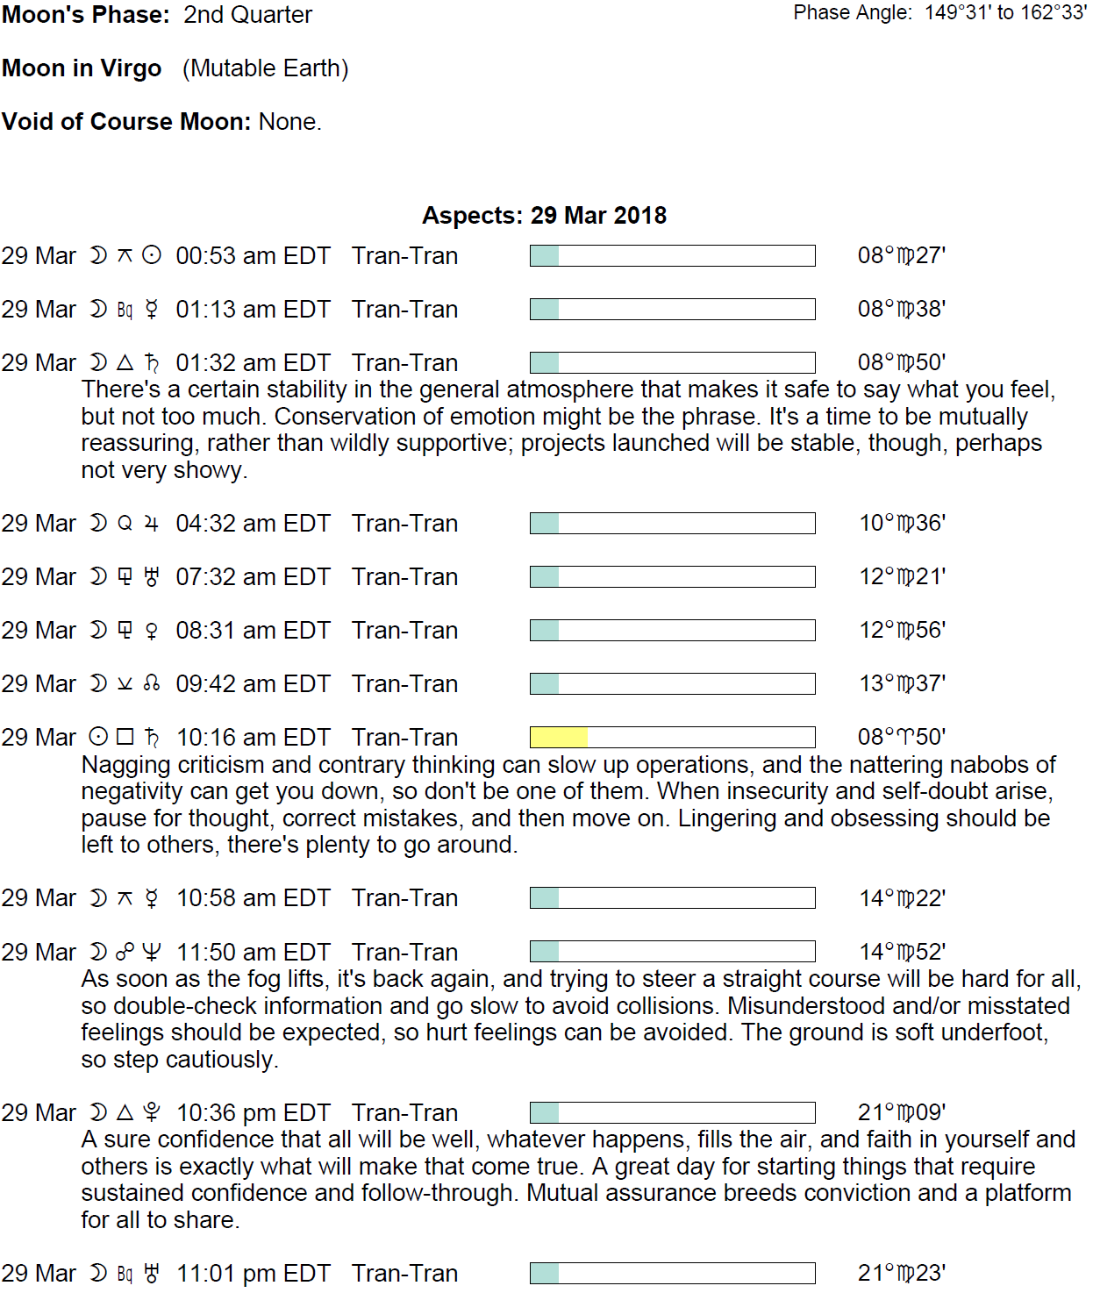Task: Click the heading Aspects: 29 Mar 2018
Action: point(544,216)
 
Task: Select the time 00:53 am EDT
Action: point(253,256)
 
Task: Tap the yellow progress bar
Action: point(559,737)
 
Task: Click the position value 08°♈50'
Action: point(901,737)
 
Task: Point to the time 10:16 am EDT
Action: point(254,738)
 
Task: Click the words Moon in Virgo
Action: point(82,68)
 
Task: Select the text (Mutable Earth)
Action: point(265,68)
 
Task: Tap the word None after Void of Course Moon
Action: point(289,122)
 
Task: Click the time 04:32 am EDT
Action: point(253,524)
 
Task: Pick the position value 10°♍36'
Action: point(902,524)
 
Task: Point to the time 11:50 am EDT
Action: point(254,953)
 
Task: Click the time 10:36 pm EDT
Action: point(254,1113)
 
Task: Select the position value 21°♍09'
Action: point(901,1113)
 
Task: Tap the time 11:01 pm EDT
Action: point(254,1274)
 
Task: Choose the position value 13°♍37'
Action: point(902,684)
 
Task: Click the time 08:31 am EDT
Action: point(253,631)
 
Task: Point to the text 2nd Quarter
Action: point(247,15)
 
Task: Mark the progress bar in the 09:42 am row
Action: point(672,684)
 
